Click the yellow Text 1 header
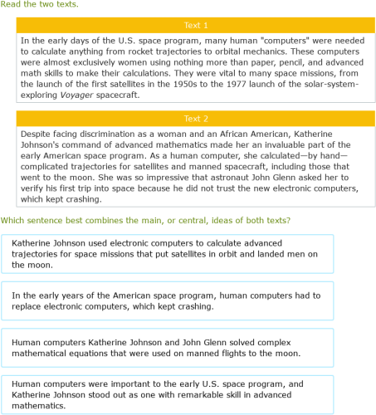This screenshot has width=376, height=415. [x=195, y=25]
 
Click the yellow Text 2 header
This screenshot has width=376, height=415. [x=195, y=119]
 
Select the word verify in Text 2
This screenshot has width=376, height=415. [x=37, y=189]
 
